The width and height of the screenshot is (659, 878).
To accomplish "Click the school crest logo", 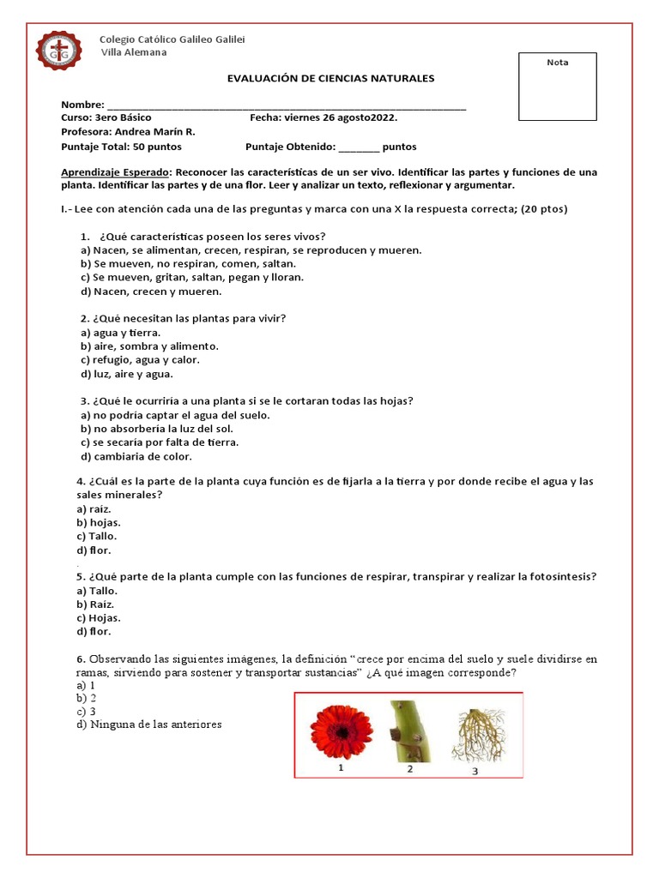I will point(59,51).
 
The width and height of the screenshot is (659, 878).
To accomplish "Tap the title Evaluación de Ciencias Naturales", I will point(330,78).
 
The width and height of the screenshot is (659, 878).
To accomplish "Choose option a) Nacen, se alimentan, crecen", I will point(251,250).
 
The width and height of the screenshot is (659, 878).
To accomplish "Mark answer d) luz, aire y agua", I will point(127,374).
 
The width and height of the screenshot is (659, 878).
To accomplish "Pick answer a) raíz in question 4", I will point(94,508).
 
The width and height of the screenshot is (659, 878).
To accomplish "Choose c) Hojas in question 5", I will point(99,617).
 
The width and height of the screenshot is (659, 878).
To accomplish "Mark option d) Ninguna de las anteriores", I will point(148,725).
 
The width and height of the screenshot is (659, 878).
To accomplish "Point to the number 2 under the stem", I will point(409,768).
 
